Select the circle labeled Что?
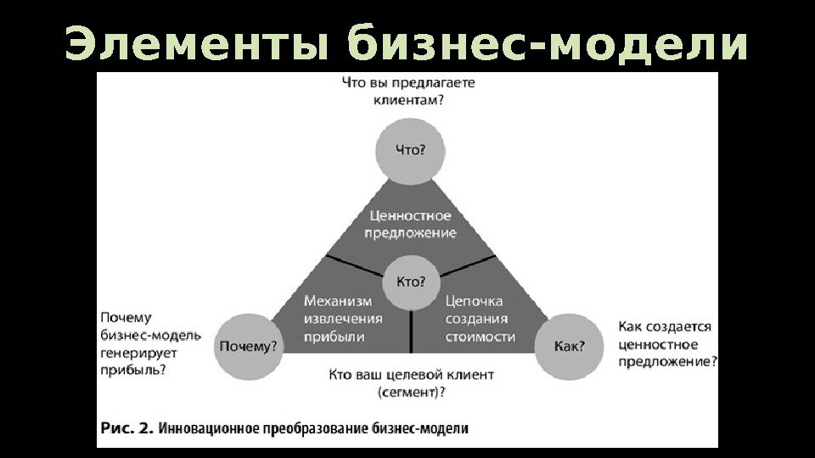coord(411,150)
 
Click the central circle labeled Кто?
coord(411,282)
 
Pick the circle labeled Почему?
coord(249,346)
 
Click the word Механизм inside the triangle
coord(339,301)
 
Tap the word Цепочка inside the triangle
coord(475,301)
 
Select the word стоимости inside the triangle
coord(481,337)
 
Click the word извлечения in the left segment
coord(343,319)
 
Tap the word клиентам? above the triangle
coord(407,100)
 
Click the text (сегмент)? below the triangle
coord(412,392)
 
